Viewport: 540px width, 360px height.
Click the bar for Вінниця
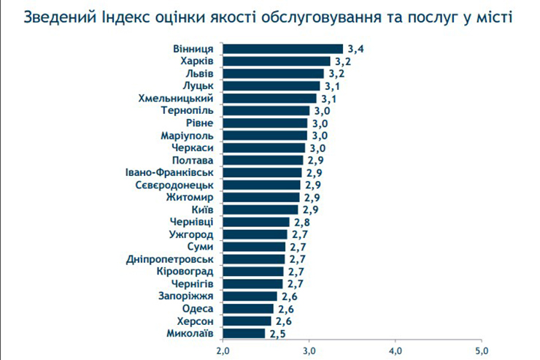(x=282, y=49)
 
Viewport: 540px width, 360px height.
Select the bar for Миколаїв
(x=244, y=333)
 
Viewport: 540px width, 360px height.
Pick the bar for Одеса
(x=248, y=308)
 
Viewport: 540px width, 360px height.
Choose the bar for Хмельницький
(x=269, y=98)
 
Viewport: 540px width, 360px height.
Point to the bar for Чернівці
(x=256, y=222)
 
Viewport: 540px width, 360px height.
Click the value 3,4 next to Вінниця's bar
(x=356, y=49)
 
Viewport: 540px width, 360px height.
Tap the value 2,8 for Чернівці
(x=302, y=222)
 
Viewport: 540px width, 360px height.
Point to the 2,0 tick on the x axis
(x=223, y=351)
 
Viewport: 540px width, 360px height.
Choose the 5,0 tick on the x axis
(x=481, y=351)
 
